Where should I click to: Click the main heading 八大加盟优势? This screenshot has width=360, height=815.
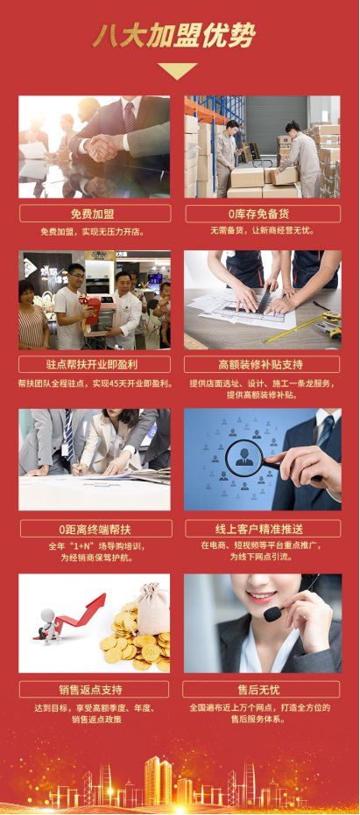[x=173, y=37]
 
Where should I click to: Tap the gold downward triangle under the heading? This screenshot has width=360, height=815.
[x=178, y=70]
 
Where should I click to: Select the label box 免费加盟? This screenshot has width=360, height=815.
[x=95, y=214]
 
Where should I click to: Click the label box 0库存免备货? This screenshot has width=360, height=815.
[x=263, y=214]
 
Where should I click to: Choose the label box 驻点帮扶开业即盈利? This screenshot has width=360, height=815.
[x=95, y=364]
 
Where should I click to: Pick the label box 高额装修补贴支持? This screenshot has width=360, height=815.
[x=262, y=364]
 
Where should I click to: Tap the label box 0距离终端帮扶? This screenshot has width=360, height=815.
[x=95, y=529]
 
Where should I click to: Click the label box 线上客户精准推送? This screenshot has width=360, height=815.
[x=264, y=529]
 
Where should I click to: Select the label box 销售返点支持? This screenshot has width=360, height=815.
[x=94, y=690]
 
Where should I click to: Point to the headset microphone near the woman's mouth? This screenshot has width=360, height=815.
[x=272, y=614]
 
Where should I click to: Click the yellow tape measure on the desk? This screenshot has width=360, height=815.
[x=306, y=327]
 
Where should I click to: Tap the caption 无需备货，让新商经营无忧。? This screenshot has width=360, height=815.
[x=263, y=230]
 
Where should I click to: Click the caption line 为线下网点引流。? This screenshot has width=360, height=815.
[x=263, y=557]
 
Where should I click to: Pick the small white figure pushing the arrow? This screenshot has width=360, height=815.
[x=49, y=626]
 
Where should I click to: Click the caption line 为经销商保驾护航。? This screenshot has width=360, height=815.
[x=95, y=559]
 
